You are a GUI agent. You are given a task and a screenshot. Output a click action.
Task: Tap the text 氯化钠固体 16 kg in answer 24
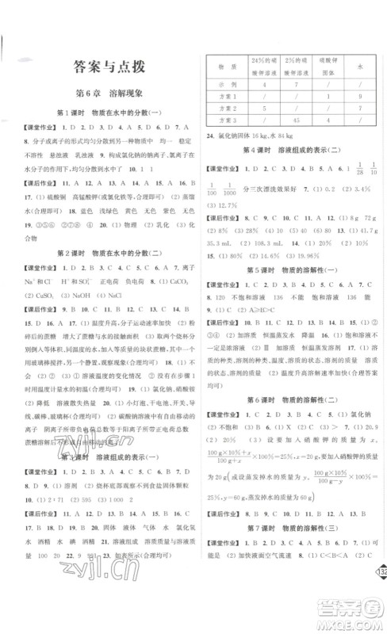pos(237,136)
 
